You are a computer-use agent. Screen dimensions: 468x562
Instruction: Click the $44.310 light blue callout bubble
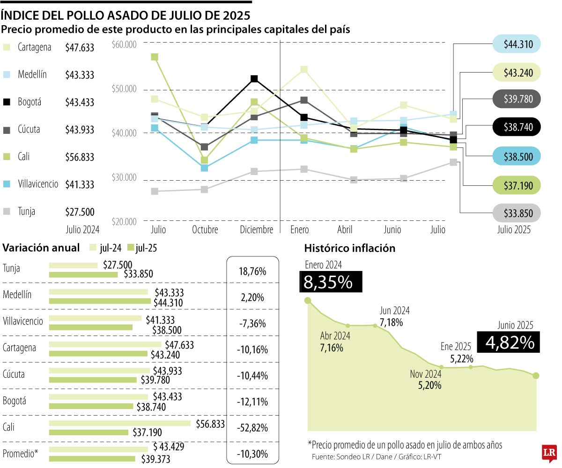click(517, 44)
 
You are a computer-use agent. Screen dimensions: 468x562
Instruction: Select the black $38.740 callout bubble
click(517, 127)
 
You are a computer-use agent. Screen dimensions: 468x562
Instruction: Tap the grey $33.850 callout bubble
click(517, 213)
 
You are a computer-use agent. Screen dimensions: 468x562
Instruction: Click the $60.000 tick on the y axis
click(124, 44)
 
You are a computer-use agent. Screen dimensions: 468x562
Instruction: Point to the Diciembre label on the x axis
click(256, 230)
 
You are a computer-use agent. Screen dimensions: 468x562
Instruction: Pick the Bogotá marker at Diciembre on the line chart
click(254, 79)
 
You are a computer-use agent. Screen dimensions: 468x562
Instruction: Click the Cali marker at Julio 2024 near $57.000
click(155, 57)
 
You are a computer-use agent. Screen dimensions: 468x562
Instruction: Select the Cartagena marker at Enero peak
click(304, 70)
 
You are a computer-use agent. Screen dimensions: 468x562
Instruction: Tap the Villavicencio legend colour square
click(7, 184)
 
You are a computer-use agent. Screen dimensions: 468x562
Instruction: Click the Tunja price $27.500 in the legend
click(80, 212)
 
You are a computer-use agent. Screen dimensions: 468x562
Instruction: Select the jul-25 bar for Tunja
click(83, 274)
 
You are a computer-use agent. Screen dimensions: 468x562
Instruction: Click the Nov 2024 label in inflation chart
click(425, 374)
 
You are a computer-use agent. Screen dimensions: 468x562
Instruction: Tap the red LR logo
click(548, 453)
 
